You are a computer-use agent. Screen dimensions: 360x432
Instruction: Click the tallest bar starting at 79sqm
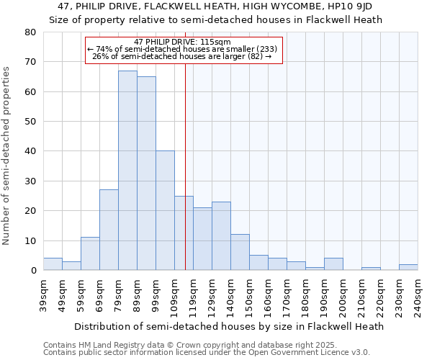point(127,171)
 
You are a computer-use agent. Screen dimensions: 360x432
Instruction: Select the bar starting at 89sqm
point(146,174)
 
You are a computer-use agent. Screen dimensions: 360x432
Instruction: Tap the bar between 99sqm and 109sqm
point(165,210)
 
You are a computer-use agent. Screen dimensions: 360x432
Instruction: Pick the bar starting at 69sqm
point(109,230)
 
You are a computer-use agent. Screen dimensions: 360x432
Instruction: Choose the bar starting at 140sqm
point(240,252)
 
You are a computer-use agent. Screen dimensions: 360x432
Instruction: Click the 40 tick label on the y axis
point(30,151)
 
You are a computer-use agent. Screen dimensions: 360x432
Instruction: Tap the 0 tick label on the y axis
point(32,271)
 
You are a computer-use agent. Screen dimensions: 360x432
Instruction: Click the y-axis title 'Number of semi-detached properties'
point(6,156)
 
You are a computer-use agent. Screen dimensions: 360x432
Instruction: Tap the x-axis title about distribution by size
point(230,326)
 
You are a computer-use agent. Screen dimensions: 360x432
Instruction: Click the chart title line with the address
point(215,6)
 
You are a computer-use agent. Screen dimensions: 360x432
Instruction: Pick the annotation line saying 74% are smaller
point(182,49)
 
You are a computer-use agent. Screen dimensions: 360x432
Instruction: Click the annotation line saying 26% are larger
point(182,56)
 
